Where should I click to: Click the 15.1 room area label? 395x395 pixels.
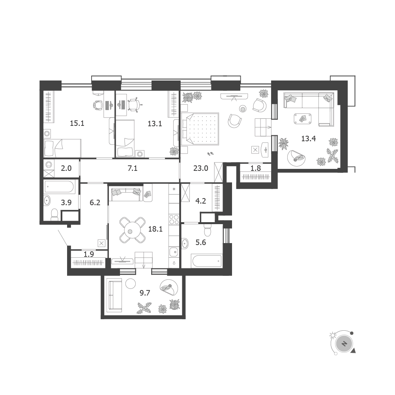[x=77, y=124]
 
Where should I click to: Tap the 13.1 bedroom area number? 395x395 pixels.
[x=155, y=124]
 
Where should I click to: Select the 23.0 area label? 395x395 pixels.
[x=201, y=168]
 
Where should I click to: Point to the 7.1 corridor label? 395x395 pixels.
[x=133, y=168]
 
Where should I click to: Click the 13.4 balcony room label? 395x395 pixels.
[x=309, y=139]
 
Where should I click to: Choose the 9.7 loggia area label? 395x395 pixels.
[x=145, y=293]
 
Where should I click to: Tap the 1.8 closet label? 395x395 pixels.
[x=256, y=168]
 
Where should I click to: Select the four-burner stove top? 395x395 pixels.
[x=174, y=219]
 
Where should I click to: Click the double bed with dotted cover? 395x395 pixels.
[x=200, y=129]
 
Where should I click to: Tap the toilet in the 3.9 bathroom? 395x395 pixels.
[x=55, y=215]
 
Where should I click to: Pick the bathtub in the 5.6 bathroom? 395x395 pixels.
[x=207, y=261]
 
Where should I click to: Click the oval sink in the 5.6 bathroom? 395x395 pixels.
[x=185, y=243]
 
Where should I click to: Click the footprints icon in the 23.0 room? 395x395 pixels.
[x=210, y=154]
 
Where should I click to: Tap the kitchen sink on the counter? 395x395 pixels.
[x=174, y=252]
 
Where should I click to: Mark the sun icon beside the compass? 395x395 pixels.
[x=333, y=335]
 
